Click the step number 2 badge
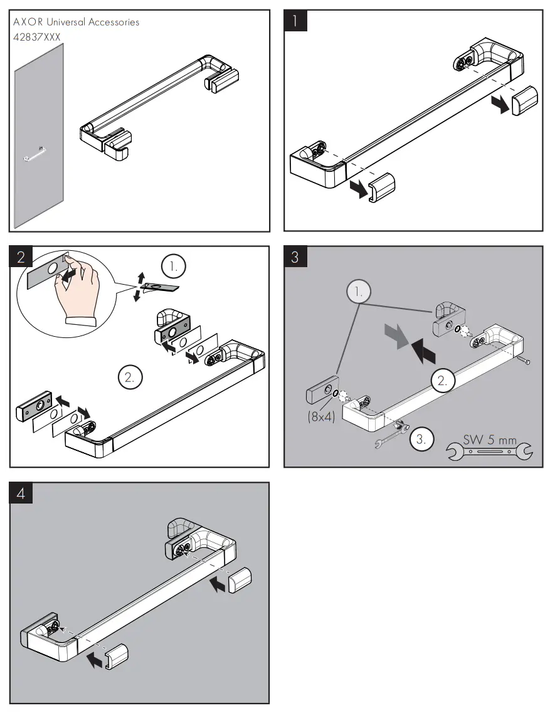(22, 257)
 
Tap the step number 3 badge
(296, 257)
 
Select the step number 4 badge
(22, 494)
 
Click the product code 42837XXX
(37, 37)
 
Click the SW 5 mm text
(490, 440)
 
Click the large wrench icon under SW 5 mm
(489, 452)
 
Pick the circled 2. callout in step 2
(130, 377)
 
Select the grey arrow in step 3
(396, 335)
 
